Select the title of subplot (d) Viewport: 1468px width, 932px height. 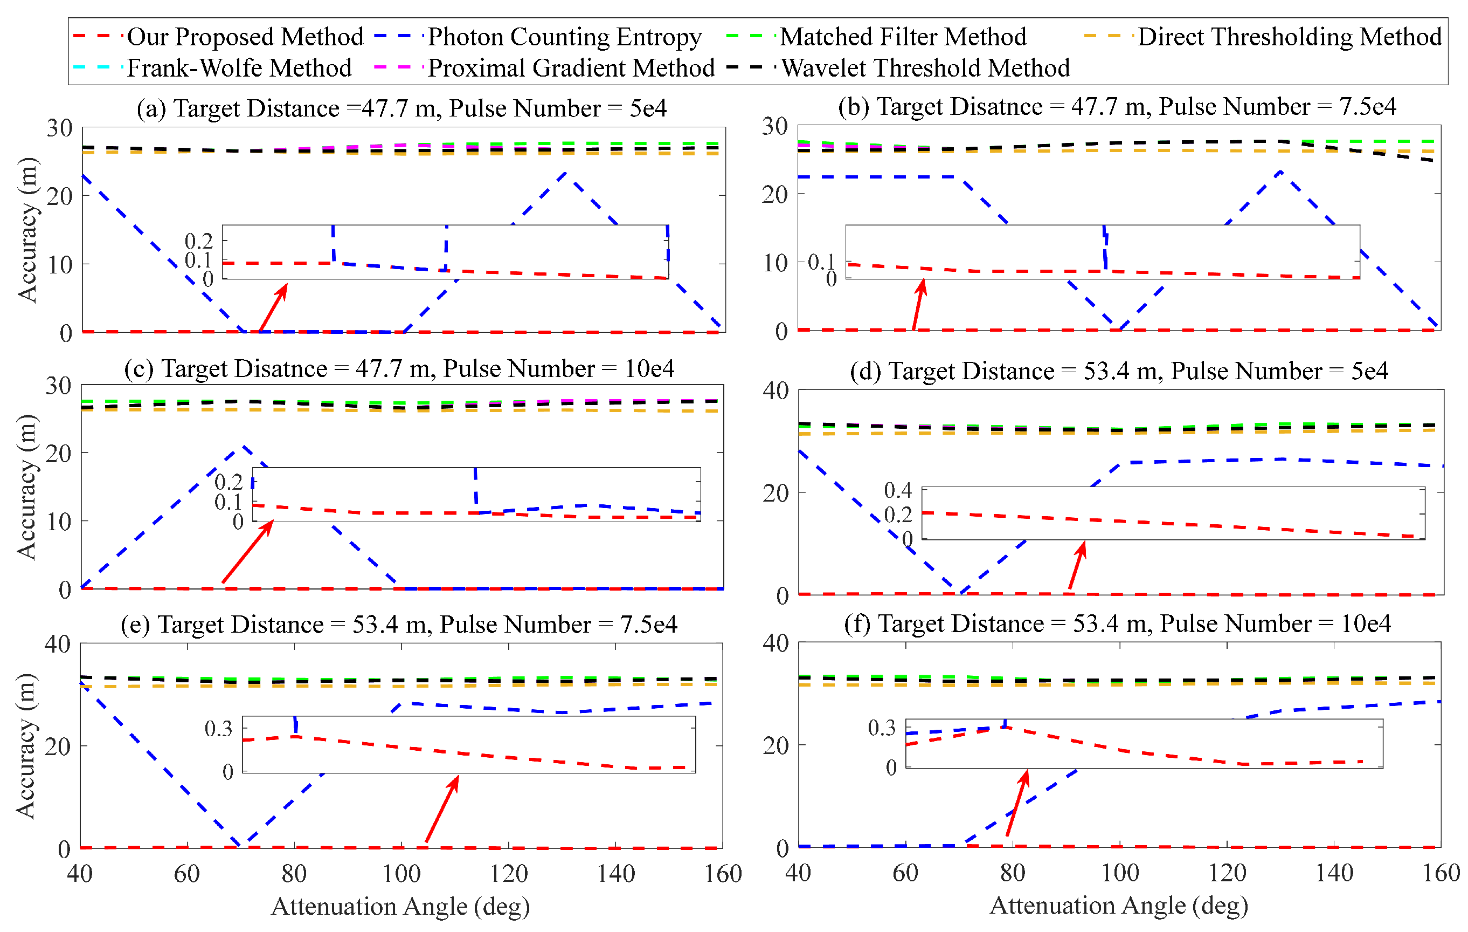pyautogui.click(x=1119, y=371)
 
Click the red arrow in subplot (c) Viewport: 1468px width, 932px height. pyautogui.click(x=247, y=552)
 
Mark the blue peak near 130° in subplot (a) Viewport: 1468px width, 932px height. pyautogui.click(x=566, y=173)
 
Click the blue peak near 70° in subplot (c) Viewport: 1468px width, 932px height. pyautogui.click(x=243, y=447)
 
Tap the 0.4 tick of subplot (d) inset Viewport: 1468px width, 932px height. pyautogui.click(x=897, y=490)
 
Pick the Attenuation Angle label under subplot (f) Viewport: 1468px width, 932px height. pyautogui.click(x=1119, y=906)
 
